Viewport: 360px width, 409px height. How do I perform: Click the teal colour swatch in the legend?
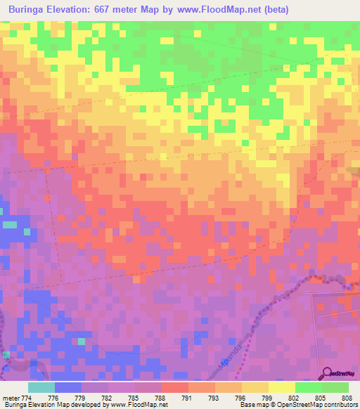click(x=41, y=387)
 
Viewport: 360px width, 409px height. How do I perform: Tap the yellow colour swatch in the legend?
click(x=281, y=387)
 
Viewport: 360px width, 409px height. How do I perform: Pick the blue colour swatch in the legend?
click(x=67, y=387)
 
